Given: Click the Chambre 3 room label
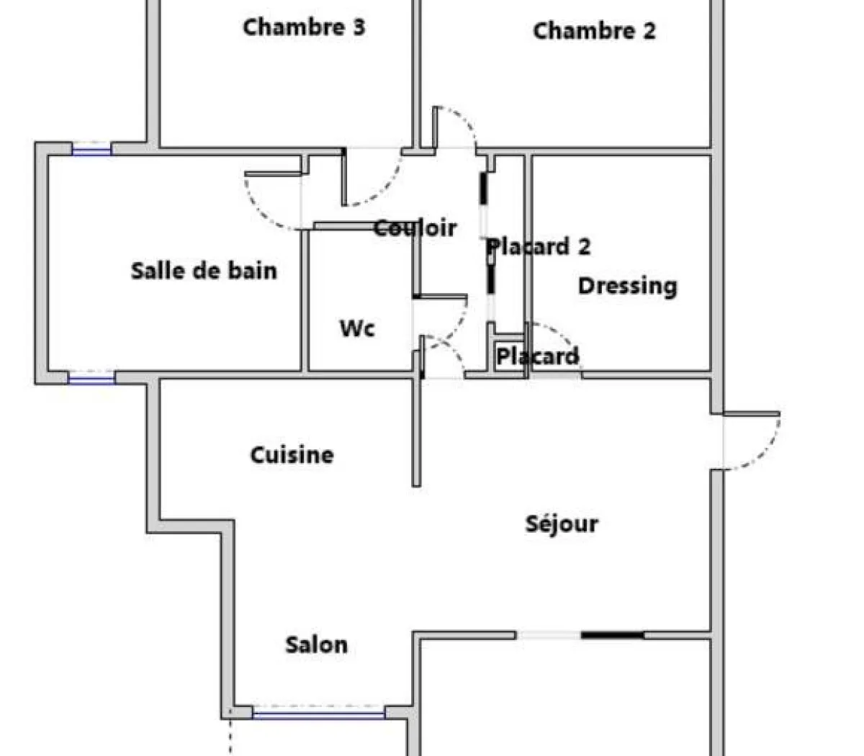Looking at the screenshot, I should [x=304, y=27].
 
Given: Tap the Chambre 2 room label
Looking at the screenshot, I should [x=594, y=31].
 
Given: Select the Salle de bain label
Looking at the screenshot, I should [x=204, y=271].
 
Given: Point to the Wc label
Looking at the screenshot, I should [x=357, y=328].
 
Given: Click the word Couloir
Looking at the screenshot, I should [x=415, y=228].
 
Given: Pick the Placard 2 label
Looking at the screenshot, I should [x=539, y=247].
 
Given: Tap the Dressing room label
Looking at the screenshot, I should [x=627, y=286].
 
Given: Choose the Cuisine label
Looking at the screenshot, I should [x=292, y=455].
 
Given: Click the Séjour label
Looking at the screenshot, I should [x=562, y=523].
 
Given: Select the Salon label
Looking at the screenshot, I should [x=316, y=644].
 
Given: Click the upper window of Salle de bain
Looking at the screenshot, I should [x=91, y=150].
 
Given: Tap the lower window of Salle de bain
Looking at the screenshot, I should [x=91, y=377].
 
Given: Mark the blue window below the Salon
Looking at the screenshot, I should [x=318, y=714].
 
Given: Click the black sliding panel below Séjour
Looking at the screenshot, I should [x=612, y=635].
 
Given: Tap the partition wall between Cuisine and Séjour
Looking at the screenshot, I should [x=416, y=432].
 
